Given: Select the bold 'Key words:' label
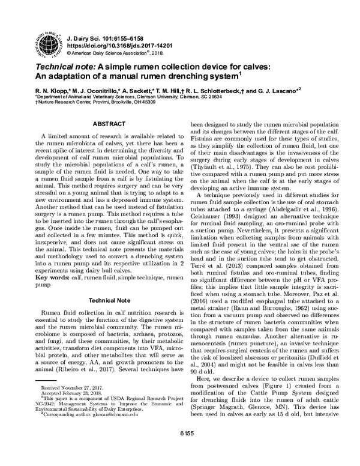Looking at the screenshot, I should point(52,278).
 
